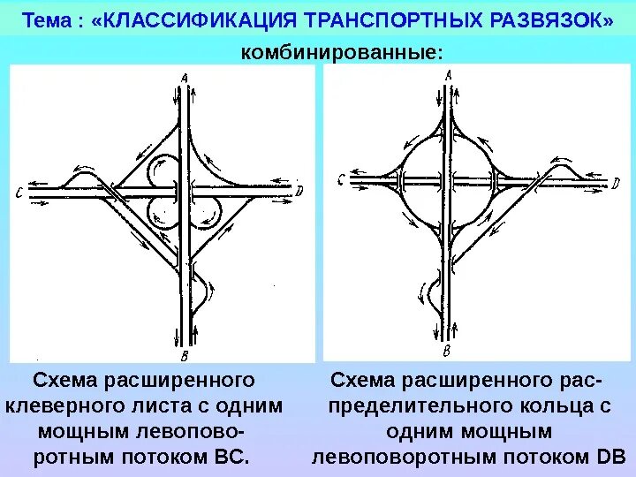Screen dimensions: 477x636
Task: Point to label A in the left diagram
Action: pyautogui.click(x=184, y=79)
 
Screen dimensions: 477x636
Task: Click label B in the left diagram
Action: pyautogui.click(x=184, y=356)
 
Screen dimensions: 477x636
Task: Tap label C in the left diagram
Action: pyautogui.click(x=19, y=192)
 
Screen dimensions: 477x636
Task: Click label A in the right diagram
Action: pyautogui.click(x=449, y=76)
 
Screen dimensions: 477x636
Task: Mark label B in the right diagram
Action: pyautogui.click(x=446, y=351)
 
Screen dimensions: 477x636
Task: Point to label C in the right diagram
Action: pyautogui.click(x=341, y=181)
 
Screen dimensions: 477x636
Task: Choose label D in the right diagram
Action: pyautogui.click(x=616, y=184)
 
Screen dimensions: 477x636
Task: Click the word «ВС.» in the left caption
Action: pyautogui.click(x=232, y=458)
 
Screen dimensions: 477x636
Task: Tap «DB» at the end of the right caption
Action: pyautogui.click(x=610, y=458)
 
